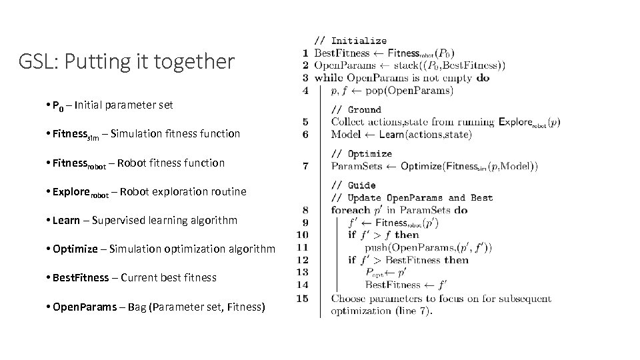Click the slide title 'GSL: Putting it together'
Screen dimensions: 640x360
[127, 62]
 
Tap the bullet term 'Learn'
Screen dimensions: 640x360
[66, 220]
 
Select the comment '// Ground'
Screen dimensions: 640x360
[356, 110]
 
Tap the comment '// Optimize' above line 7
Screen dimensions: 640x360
[361, 154]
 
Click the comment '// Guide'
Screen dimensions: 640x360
[353, 185]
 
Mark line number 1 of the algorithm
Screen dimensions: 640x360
[305, 53]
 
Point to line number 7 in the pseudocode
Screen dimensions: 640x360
[305, 166]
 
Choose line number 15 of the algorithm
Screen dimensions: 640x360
[302, 298]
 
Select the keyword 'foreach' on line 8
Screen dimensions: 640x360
[350, 210]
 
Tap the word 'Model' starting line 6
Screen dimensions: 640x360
[345, 134]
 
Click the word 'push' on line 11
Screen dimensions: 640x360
[377, 247]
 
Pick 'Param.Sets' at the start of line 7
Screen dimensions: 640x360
[355, 166]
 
